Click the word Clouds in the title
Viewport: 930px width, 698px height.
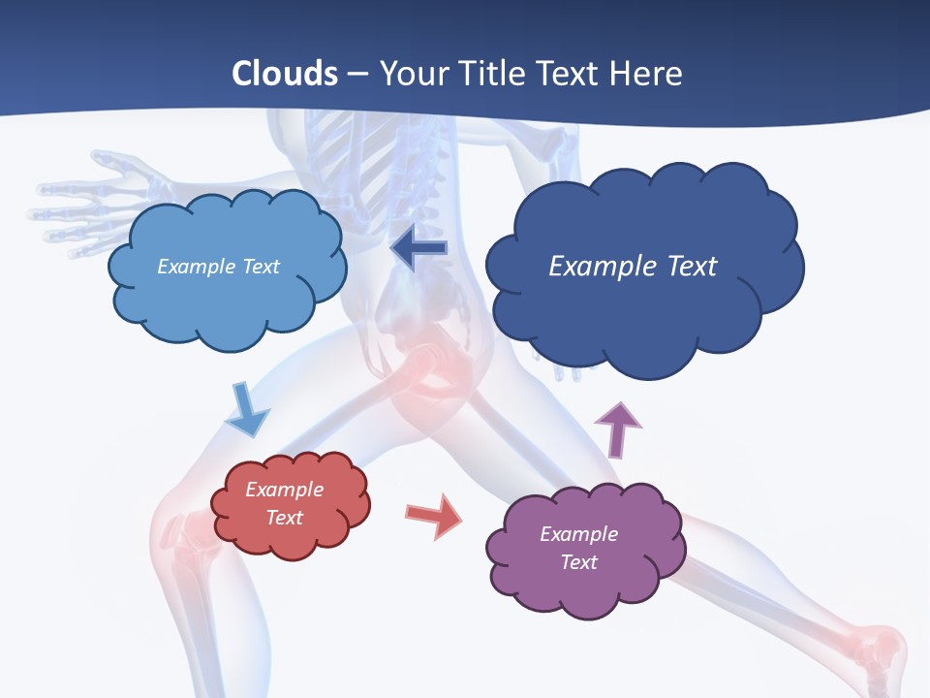tap(285, 74)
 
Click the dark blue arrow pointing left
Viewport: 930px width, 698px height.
tap(418, 248)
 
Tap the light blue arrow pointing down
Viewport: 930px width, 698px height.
tap(246, 411)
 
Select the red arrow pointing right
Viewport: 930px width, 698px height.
tap(434, 515)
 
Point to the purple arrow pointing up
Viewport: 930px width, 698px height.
tap(617, 428)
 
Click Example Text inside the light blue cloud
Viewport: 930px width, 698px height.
tap(218, 267)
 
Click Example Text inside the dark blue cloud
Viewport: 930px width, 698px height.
tap(633, 267)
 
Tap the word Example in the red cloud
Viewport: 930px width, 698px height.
tap(284, 491)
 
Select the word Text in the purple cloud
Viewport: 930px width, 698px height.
tap(579, 562)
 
